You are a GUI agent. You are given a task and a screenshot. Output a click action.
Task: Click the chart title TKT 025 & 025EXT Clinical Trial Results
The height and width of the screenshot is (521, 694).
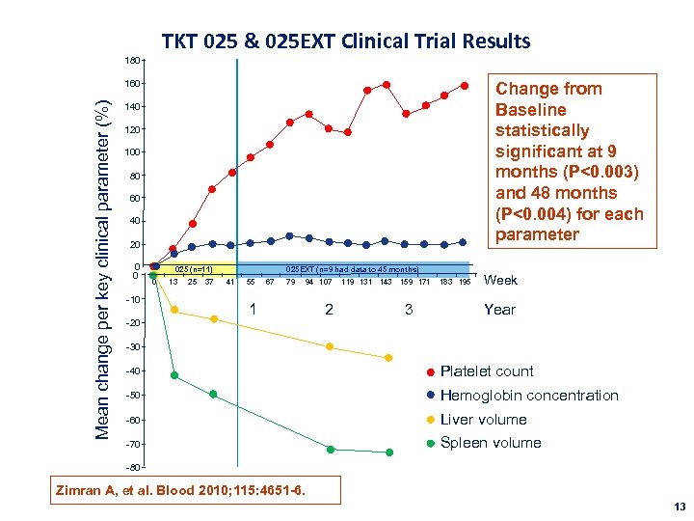pyautogui.click(x=346, y=41)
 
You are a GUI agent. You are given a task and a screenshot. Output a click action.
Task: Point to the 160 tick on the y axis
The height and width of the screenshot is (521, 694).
pyautogui.click(x=131, y=84)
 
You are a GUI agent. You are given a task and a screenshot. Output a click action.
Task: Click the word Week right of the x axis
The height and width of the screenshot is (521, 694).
pyautogui.click(x=500, y=281)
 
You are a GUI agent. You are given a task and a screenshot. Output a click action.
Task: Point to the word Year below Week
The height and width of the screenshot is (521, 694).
pyautogui.click(x=499, y=310)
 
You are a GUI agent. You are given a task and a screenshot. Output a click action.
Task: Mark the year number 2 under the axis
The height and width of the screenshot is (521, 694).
pyautogui.click(x=329, y=310)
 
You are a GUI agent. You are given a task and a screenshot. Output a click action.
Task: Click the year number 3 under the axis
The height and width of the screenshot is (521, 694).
pyautogui.click(x=408, y=310)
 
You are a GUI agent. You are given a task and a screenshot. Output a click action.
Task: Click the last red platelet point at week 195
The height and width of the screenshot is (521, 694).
pyautogui.click(x=465, y=85)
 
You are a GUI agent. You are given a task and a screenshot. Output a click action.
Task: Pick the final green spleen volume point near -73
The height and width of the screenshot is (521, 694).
pyautogui.click(x=389, y=452)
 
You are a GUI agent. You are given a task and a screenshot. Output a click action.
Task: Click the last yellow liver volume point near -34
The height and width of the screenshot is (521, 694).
pyautogui.click(x=389, y=358)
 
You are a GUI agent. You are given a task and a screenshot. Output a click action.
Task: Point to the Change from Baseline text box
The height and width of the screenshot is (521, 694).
pyautogui.click(x=568, y=161)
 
